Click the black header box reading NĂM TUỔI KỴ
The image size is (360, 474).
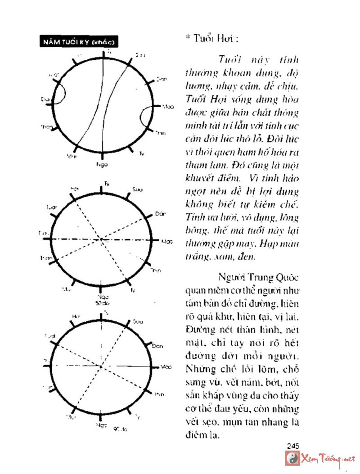[79, 42]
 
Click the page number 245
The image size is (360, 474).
[293, 446]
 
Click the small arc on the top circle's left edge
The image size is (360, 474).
[62, 92]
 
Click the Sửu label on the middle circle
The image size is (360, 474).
[138, 190]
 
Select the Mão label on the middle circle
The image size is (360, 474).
[167, 241]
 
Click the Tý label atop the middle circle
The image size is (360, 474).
[107, 183]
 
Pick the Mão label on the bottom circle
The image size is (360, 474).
[166, 367]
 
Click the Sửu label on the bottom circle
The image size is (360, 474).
[138, 321]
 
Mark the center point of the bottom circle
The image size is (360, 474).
[101, 366]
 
